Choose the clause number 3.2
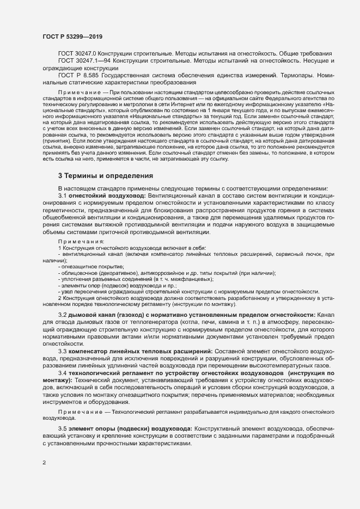63,316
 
